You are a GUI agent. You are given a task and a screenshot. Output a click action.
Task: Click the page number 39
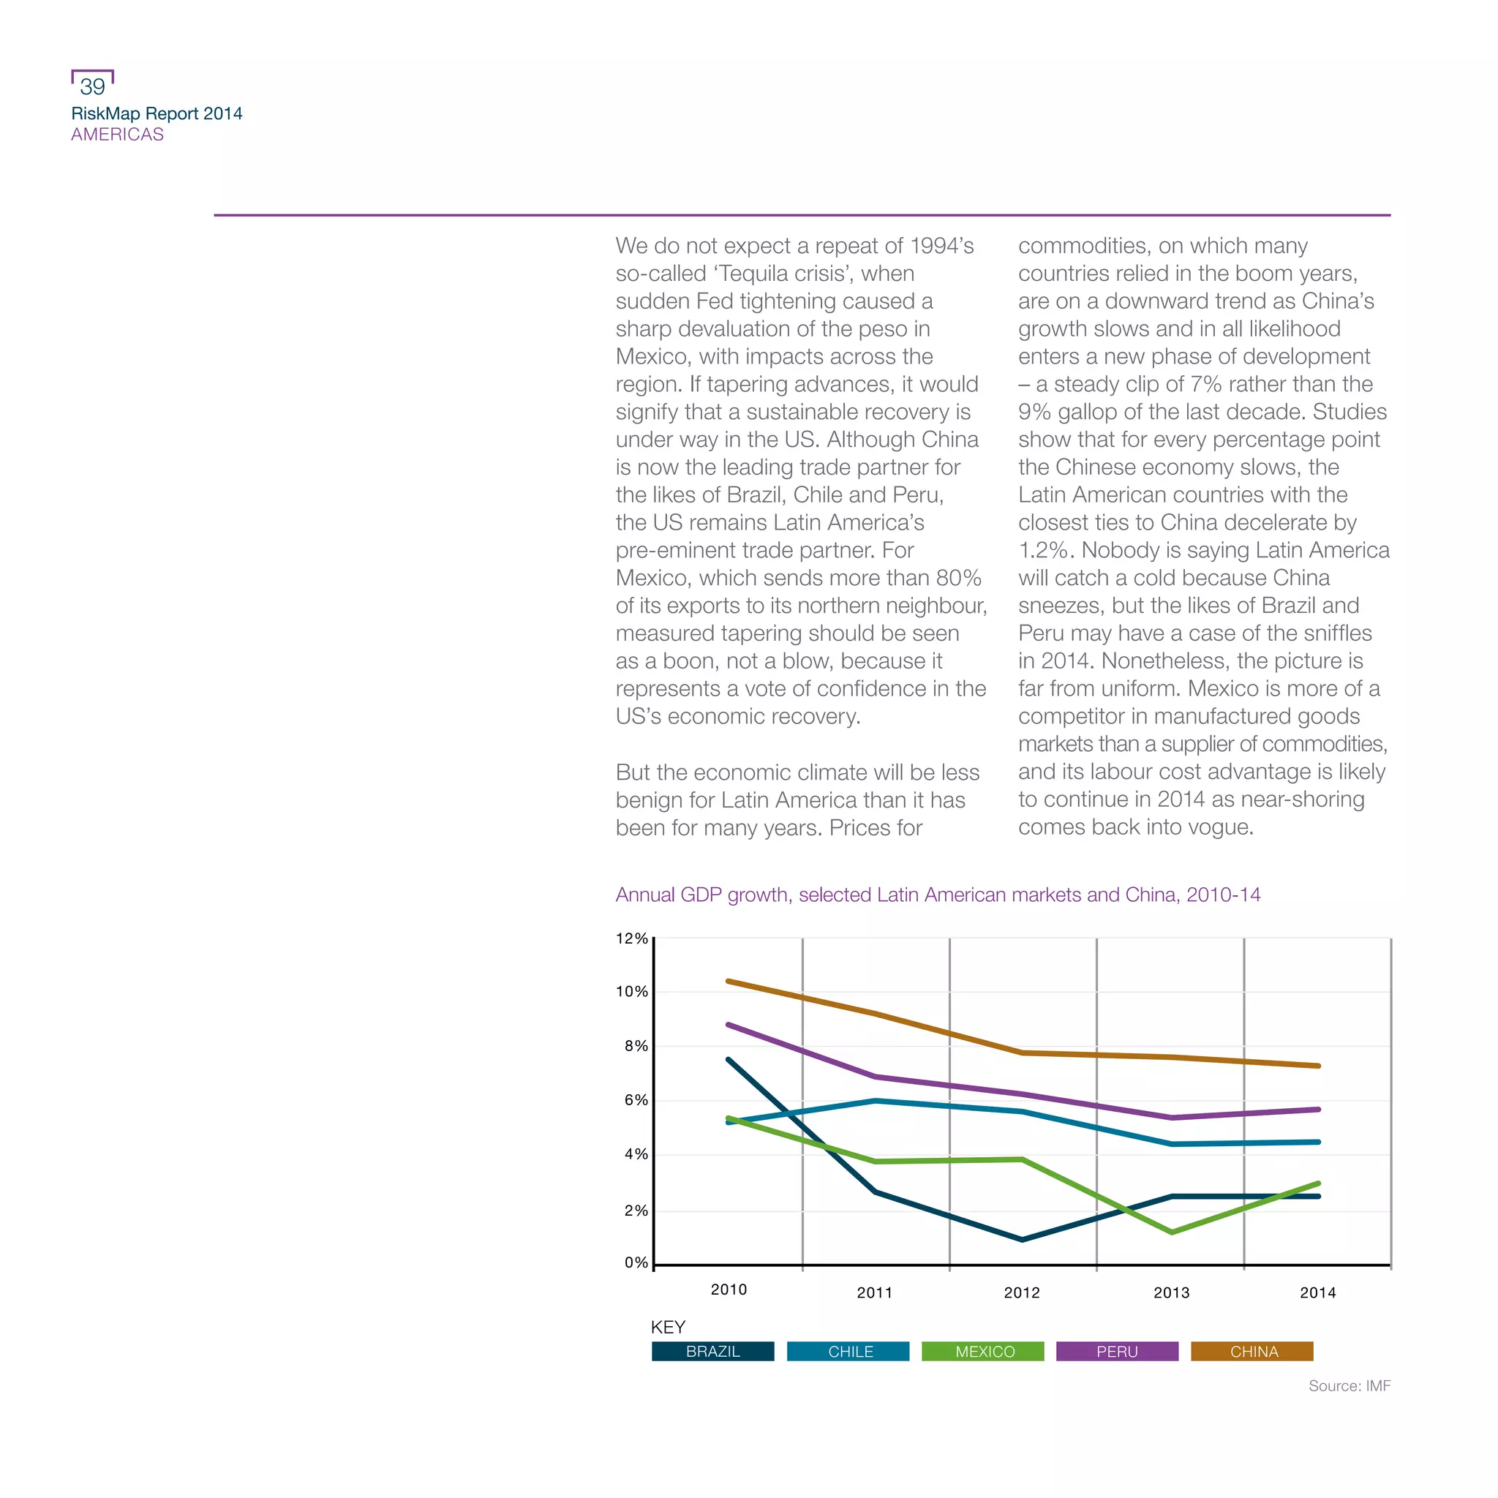92,86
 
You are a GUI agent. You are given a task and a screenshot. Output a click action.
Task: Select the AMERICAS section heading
117,134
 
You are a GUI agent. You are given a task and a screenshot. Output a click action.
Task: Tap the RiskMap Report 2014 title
157,113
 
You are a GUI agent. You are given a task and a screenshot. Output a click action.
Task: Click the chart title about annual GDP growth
938,895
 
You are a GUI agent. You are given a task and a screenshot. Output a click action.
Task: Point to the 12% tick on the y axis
632,938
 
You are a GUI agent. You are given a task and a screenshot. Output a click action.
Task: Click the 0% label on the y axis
636,1262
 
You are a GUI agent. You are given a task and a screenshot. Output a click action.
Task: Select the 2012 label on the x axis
1022,1292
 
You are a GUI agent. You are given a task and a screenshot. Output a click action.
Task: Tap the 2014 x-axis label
1318,1292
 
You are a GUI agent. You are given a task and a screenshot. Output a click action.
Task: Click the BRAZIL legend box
712,1352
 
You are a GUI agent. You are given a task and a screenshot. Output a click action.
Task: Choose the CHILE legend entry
848,1352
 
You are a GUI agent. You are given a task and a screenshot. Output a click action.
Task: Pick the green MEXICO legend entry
983,1352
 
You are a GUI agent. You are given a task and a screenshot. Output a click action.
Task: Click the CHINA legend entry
1252,1352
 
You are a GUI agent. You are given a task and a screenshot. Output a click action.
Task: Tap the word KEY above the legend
668,1327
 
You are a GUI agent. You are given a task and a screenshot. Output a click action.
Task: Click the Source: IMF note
1349,1385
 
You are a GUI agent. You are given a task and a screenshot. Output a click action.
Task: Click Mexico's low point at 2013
1171,1232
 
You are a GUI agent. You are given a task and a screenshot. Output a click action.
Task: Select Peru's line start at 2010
728,1025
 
